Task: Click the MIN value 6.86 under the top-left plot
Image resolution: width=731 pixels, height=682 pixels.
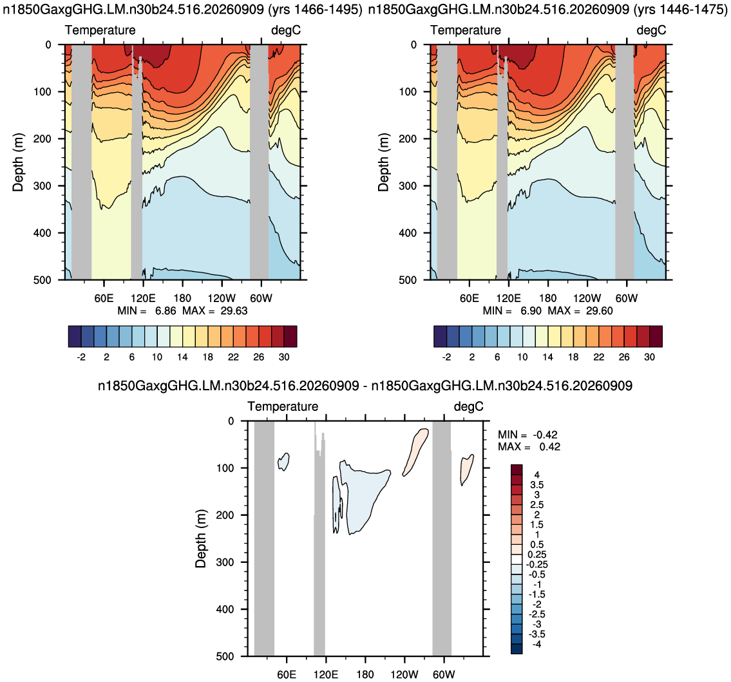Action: pos(166,311)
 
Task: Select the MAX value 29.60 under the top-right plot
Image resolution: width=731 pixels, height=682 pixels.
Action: pos(600,311)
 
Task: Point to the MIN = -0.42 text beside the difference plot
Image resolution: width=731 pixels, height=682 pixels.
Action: pos(527,435)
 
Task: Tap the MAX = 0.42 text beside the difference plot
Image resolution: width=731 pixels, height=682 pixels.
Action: pos(529,447)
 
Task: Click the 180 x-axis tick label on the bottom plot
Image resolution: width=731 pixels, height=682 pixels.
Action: pos(365,674)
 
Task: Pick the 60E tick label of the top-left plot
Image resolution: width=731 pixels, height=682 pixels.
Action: pos(104,298)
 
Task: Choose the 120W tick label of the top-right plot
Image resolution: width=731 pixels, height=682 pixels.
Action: pos(587,298)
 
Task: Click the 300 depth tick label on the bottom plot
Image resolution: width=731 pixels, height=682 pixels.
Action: pos(225,562)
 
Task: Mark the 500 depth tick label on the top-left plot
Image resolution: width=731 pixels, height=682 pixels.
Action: pos(42,280)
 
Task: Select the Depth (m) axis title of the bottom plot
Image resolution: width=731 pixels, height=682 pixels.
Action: pos(200,538)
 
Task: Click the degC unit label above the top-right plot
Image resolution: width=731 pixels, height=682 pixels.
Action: pos(651,30)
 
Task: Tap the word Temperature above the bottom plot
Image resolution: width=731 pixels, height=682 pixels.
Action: pos(283,406)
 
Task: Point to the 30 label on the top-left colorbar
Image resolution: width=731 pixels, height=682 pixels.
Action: pos(284,357)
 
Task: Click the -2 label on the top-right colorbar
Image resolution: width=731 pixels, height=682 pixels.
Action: pos(446,357)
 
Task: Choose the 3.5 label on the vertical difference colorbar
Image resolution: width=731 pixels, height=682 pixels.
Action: pos(537,485)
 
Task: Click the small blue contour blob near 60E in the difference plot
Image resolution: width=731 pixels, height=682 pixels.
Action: pos(283,462)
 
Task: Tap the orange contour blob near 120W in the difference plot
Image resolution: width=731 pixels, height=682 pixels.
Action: pos(415,451)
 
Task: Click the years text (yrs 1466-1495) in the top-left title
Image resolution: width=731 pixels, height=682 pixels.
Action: pos(316,9)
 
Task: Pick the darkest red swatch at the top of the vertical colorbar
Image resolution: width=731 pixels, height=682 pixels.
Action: pos(517,469)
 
